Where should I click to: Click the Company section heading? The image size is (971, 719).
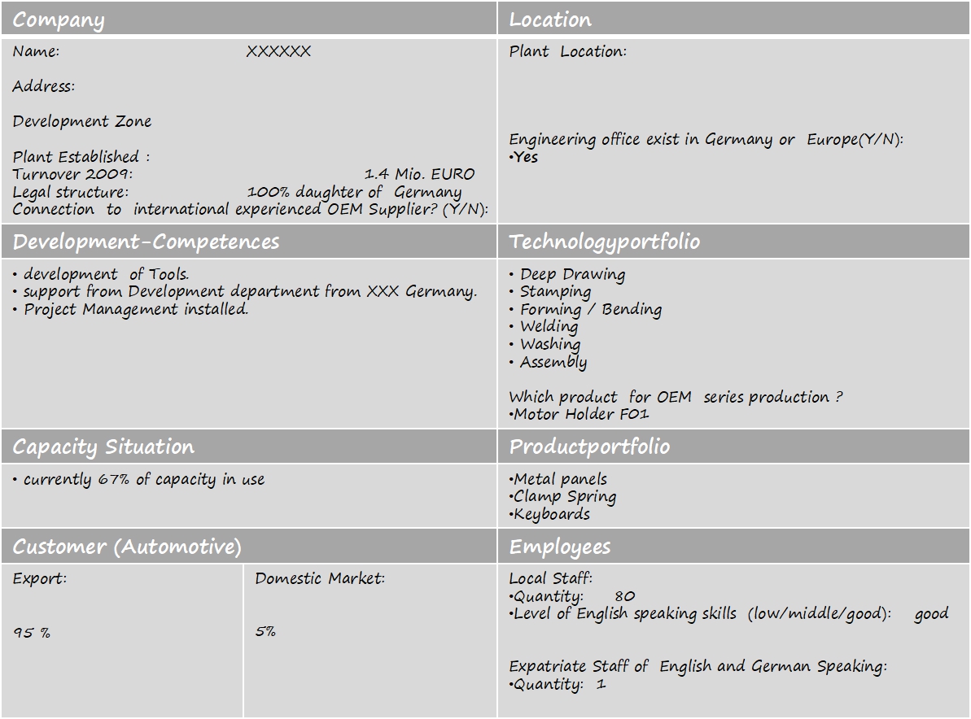point(59,20)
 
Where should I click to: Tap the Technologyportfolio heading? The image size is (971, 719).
point(604,242)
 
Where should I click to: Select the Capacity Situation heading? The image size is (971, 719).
point(103,447)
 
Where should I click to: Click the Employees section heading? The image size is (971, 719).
point(559,547)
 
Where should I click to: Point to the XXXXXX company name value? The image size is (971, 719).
point(278,51)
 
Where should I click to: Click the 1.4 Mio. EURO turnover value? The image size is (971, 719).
point(419,174)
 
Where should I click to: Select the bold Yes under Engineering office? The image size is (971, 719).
point(526,157)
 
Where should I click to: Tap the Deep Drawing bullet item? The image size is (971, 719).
point(572,274)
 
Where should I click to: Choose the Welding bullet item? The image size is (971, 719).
point(549,326)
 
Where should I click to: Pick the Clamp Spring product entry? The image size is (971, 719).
point(565,496)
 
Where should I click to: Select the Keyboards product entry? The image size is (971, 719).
point(552,514)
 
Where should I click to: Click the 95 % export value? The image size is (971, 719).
point(32,632)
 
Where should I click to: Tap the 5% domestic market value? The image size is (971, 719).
point(265,631)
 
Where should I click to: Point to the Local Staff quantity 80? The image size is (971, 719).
point(625,596)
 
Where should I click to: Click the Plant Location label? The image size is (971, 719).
point(568,51)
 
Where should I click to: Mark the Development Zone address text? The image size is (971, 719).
point(82,121)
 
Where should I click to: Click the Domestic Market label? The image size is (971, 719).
point(320,578)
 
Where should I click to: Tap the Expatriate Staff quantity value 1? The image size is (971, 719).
point(601,684)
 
